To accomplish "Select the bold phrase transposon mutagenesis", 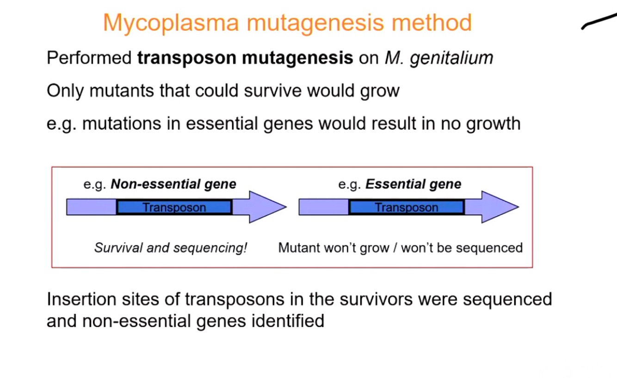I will click(x=245, y=59).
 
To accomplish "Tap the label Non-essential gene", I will click(x=173, y=184).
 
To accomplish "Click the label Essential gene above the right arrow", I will click(x=413, y=184).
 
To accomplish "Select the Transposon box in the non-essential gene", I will click(x=174, y=207).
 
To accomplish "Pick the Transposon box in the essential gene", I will click(x=406, y=207).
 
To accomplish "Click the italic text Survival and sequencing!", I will click(x=171, y=248).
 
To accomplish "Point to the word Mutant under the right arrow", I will click(x=299, y=248).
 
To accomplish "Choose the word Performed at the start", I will click(x=89, y=59).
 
